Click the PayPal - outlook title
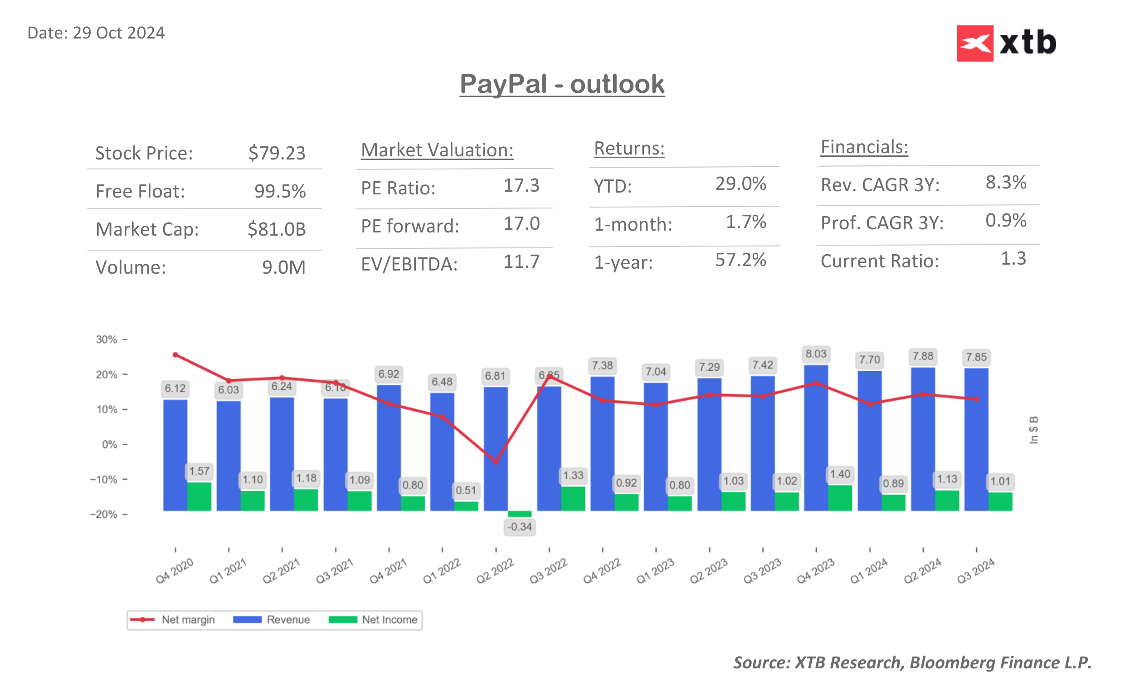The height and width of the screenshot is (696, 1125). coord(562,84)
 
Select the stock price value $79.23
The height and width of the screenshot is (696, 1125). coord(276,153)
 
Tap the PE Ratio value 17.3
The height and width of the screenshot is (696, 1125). coord(521,185)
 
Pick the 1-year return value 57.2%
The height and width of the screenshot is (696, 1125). coord(740,260)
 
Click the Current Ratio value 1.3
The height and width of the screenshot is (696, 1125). coord(1013,259)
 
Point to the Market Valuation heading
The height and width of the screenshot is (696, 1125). coord(437,150)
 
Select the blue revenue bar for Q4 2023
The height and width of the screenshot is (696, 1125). coord(816,437)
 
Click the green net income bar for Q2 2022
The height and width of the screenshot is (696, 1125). coord(520,514)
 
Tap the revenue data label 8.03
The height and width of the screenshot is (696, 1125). coord(816,354)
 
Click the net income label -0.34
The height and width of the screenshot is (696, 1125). coord(520,527)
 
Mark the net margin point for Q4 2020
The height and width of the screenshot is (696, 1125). coord(175,355)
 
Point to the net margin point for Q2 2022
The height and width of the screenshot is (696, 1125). coord(496,462)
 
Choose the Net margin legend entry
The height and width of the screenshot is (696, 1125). coord(173,619)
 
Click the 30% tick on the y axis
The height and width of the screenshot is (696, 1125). coord(107,340)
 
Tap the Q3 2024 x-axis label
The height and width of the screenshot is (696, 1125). coord(975,571)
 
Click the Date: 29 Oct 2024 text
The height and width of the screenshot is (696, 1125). coord(96,33)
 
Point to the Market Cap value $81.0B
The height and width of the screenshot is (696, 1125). coord(276,229)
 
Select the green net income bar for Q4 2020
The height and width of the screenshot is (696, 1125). coord(200,496)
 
